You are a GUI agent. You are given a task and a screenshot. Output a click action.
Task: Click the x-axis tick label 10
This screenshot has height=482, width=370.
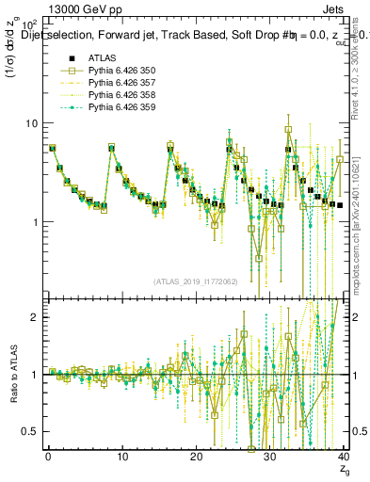[x=121, y=456]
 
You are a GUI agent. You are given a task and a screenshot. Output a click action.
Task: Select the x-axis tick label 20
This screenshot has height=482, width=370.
[x=195, y=456]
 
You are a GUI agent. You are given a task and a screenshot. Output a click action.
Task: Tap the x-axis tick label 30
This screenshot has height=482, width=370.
[x=269, y=456]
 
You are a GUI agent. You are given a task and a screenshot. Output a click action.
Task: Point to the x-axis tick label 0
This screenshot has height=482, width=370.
[x=48, y=456]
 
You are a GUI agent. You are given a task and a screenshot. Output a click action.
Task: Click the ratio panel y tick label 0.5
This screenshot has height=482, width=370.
[x=31, y=431]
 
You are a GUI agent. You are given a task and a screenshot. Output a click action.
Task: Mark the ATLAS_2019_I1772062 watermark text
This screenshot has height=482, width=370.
[x=195, y=281]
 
